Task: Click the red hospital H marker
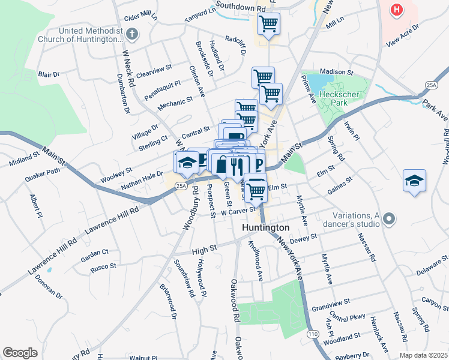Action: click(x=396, y=10)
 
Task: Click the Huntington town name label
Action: click(x=266, y=228)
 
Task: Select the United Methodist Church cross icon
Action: click(x=132, y=34)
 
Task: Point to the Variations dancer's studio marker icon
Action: click(x=388, y=220)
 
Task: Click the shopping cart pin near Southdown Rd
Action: click(x=268, y=25)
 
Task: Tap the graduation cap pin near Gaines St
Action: click(x=414, y=181)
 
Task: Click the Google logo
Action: click(x=20, y=353)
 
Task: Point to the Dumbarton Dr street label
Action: click(x=123, y=93)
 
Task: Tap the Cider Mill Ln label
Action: click(x=139, y=16)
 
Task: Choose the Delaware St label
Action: click(x=432, y=265)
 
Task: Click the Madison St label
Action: click(x=342, y=72)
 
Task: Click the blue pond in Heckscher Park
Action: click(x=315, y=80)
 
